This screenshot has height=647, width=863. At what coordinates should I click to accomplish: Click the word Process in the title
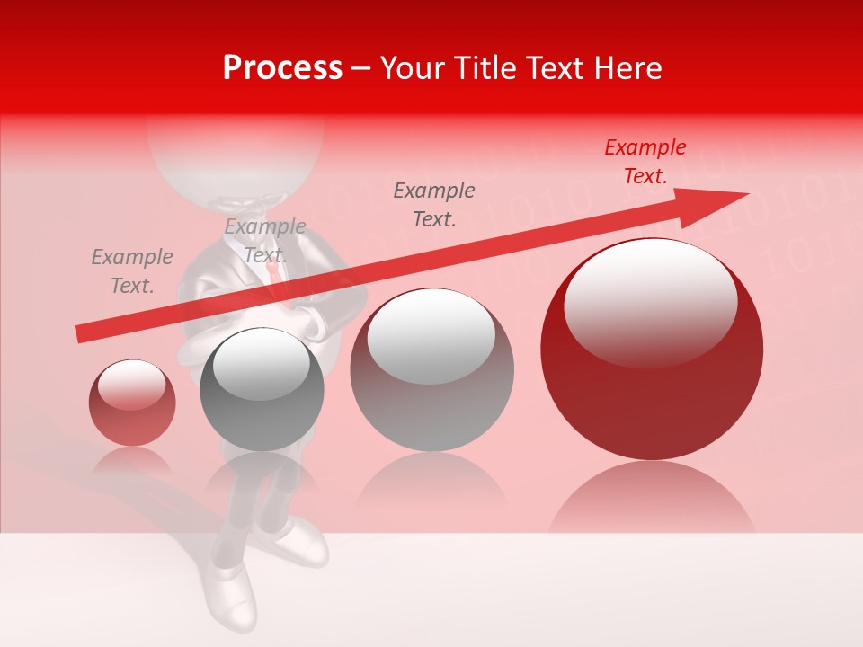pos(282,68)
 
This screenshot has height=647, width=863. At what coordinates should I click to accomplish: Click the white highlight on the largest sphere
pos(650,299)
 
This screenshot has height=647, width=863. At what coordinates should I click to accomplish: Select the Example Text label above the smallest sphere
pos(132,271)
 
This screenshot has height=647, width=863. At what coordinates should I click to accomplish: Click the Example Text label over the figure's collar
pos(265,241)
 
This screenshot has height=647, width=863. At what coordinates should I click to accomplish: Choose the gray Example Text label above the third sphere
pos(434,204)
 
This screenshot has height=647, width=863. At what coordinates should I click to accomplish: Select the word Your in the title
pos(409,68)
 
